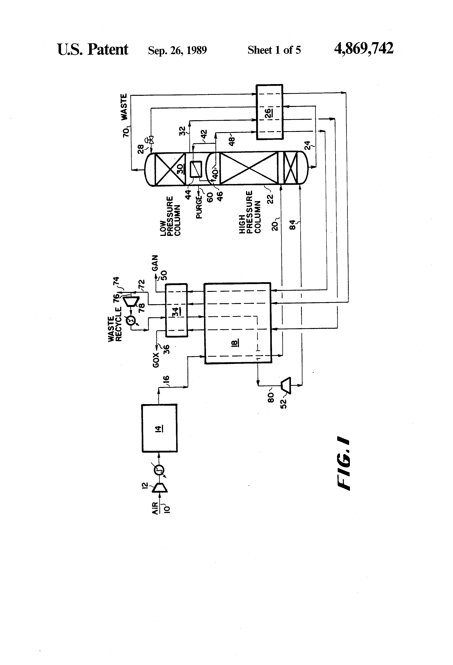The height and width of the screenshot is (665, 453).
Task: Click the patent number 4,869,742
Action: click(x=364, y=49)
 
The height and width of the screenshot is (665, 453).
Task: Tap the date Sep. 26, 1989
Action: click(x=177, y=50)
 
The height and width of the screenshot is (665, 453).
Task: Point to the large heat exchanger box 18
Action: click(x=237, y=323)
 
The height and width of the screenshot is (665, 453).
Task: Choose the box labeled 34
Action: click(x=176, y=310)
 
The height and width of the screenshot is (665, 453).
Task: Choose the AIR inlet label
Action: click(x=155, y=508)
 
